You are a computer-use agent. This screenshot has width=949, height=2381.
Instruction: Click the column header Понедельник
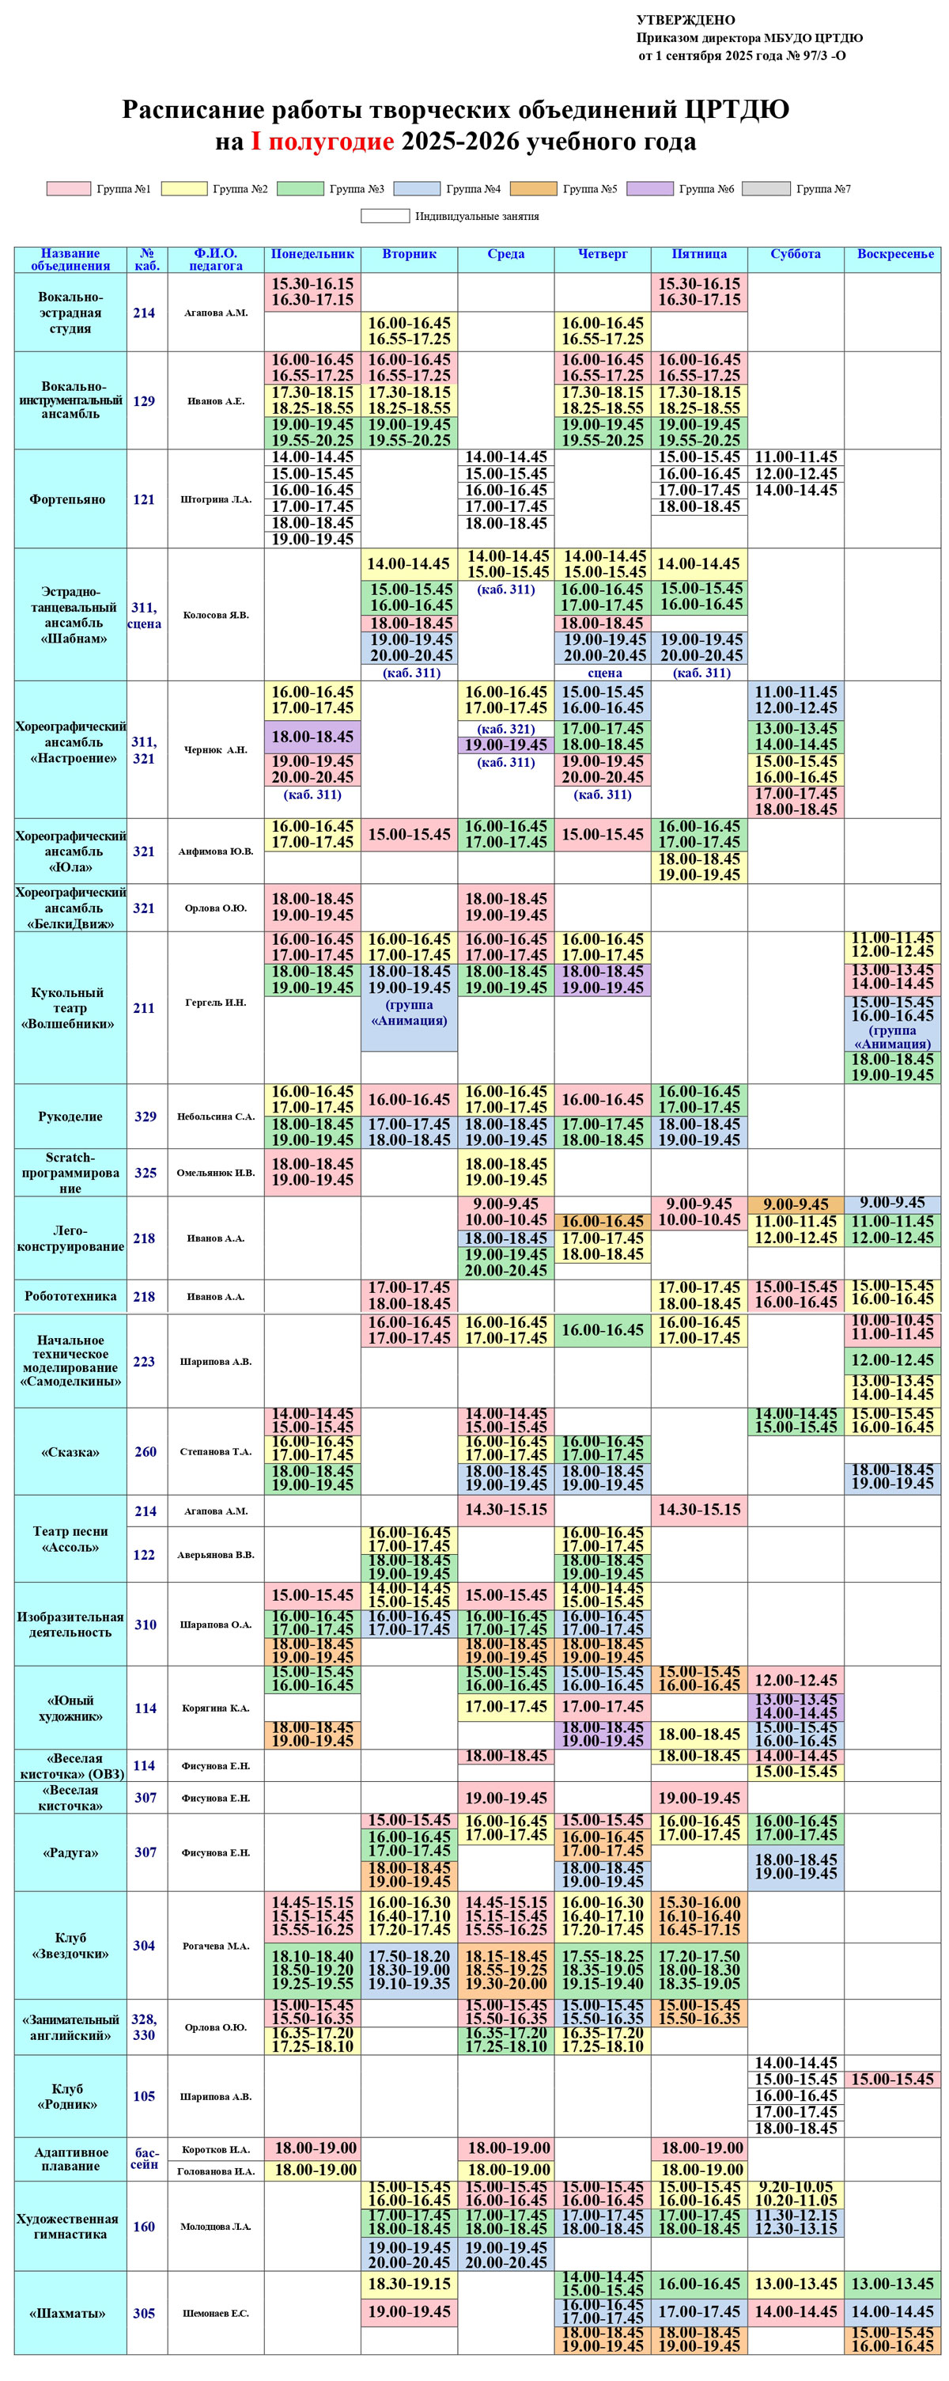(x=312, y=254)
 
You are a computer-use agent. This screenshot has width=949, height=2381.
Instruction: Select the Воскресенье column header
(x=894, y=254)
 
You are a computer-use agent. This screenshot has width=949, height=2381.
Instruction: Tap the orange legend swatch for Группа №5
(x=533, y=188)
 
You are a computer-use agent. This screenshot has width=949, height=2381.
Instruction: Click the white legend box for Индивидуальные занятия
(x=384, y=216)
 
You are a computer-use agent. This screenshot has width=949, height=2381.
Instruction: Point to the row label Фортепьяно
(x=67, y=499)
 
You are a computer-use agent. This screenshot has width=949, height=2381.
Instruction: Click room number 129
(x=144, y=401)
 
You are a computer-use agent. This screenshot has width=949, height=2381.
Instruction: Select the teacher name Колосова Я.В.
(x=216, y=615)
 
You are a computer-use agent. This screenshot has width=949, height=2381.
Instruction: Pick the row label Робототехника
(x=70, y=1296)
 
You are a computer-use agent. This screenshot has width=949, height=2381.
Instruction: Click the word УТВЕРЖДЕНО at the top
(x=686, y=21)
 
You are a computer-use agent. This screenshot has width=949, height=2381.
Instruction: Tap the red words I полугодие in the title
(x=323, y=142)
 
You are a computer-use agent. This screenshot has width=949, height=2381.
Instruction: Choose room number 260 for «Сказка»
(x=145, y=1451)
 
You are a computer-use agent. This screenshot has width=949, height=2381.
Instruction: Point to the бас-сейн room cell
(x=145, y=2158)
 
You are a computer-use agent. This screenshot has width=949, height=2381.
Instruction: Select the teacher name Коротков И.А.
(x=216, y=2149)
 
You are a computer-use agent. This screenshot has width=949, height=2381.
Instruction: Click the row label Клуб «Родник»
(x=67, y=2096)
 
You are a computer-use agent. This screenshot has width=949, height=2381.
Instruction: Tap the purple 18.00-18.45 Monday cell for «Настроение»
(x=312, y=737)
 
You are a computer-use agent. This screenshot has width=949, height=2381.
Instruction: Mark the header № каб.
(x=147, y=260)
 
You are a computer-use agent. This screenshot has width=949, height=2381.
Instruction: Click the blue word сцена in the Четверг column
(x=604, y=673)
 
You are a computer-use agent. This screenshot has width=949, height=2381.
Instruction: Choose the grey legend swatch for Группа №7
(x=766, y=188)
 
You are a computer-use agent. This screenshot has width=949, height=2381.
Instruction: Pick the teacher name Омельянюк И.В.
(x=216, y=1172)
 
